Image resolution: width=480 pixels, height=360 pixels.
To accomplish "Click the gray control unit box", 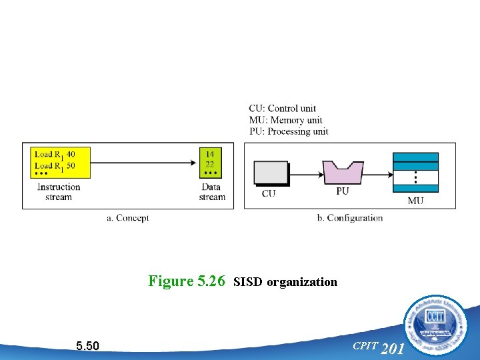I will (271, 173).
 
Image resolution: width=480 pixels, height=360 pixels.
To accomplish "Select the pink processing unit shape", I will (342, 173).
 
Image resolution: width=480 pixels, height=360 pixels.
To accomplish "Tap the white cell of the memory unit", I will (415, 179).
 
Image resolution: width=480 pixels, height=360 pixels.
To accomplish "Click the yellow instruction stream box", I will (57, 163).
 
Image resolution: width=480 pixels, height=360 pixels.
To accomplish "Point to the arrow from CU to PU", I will (305, 174).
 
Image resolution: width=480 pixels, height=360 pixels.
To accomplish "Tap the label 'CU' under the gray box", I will (269, 194).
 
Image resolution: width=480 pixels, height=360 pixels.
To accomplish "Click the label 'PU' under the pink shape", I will (342, 192).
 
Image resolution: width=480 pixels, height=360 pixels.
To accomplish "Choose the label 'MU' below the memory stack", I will (415, 201).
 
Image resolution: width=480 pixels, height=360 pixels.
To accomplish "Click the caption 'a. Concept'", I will (128, 218).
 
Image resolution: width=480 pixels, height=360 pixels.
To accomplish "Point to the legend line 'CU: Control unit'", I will (282, 109).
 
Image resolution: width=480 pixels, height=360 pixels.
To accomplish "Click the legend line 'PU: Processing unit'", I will (288, 131).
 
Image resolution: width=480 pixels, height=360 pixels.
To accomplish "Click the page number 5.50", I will (87, 346).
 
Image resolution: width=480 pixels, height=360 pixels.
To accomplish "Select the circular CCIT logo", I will (435, 326).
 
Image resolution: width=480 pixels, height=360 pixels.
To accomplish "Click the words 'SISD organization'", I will (286, 282).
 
